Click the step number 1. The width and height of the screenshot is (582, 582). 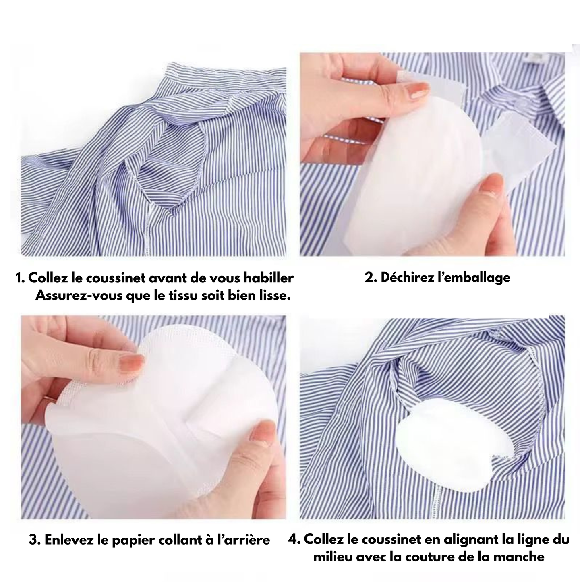19,279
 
